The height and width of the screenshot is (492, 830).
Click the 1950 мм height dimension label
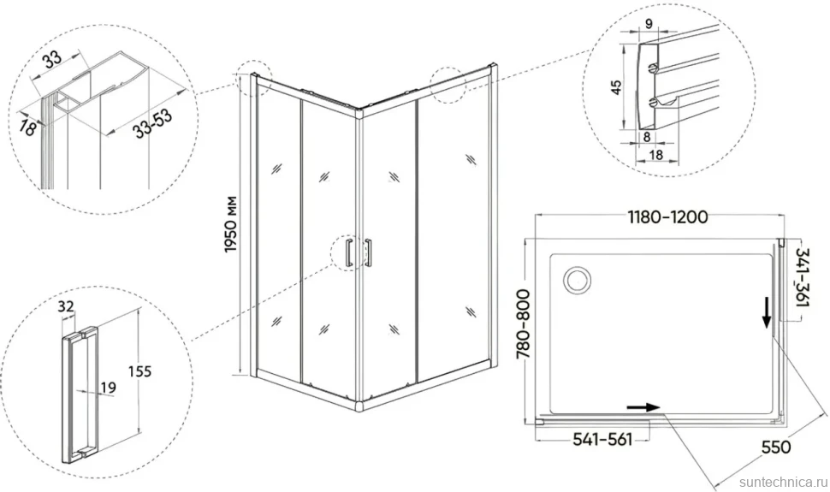(231, 224)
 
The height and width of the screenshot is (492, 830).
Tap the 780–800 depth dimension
(523, 324)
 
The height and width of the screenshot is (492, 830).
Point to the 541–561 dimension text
(603, 439)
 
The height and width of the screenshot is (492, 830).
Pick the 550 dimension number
(776, 447)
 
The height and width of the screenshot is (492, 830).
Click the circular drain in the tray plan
(577, 279)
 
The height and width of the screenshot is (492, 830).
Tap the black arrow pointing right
(643, 407)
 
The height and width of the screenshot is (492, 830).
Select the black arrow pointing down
(767, 313)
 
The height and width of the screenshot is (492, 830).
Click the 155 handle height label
(139, 371)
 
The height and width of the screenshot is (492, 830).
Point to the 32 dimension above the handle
(66, 306)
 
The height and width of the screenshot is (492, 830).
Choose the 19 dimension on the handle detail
(108, 388)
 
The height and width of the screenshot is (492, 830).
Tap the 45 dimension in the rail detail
(616, 87)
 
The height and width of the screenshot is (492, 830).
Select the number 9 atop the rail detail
(649, 23)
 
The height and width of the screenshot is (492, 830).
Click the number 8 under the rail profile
(647, 136)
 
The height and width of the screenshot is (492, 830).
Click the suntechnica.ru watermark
(783, 482)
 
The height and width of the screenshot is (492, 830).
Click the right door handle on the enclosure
(368, 252)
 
